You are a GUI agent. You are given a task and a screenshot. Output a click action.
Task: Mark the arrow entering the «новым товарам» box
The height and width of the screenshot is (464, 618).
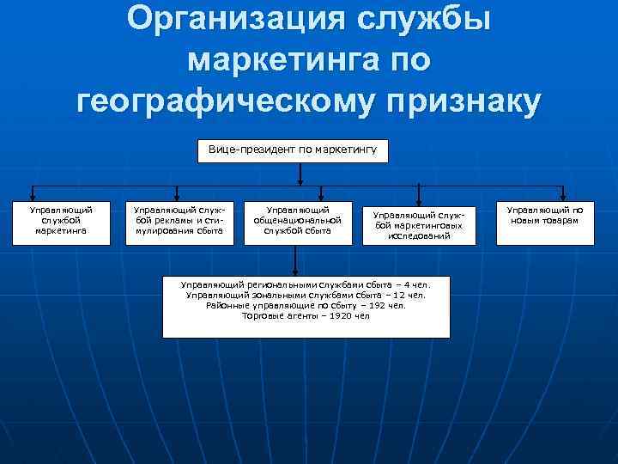pyautogui.click(x=563, y=193)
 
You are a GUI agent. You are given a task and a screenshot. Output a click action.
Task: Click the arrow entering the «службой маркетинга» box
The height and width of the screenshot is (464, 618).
pyautogui.click(x=34, y=193)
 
